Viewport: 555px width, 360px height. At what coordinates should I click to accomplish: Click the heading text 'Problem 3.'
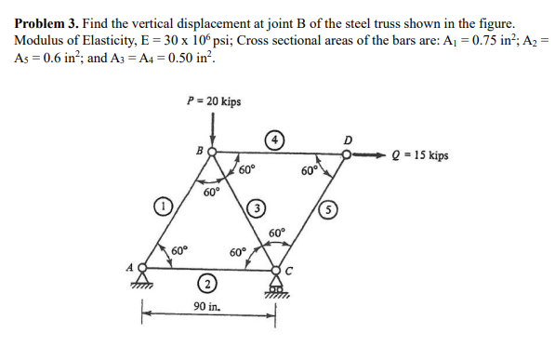47,20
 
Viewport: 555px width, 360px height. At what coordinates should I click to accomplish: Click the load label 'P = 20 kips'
215,100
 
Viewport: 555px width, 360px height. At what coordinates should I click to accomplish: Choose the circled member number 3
258,206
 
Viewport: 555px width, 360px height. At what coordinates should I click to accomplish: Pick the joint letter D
348,141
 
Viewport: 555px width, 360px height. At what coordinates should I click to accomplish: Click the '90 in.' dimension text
206,306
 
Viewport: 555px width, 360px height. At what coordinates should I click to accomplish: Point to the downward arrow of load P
215,127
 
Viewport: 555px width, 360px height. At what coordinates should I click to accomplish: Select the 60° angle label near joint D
310,170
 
